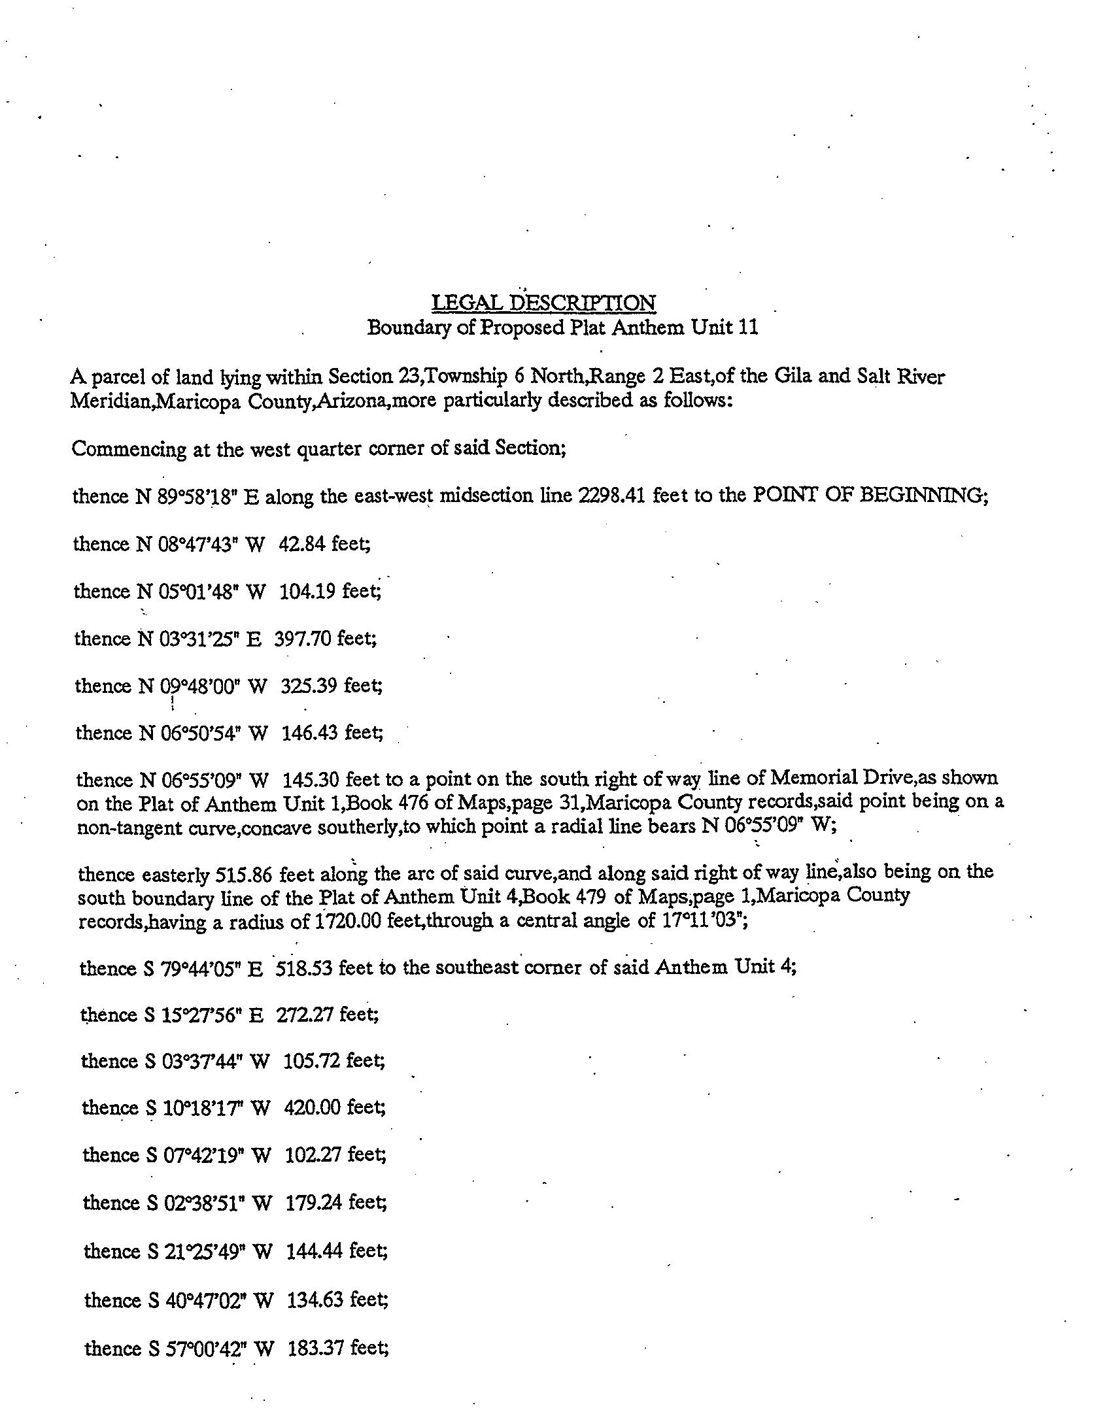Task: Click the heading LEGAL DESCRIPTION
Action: coord(543,303)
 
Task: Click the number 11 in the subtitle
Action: coord(748,327)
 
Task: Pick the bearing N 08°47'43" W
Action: coord(200,544)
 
